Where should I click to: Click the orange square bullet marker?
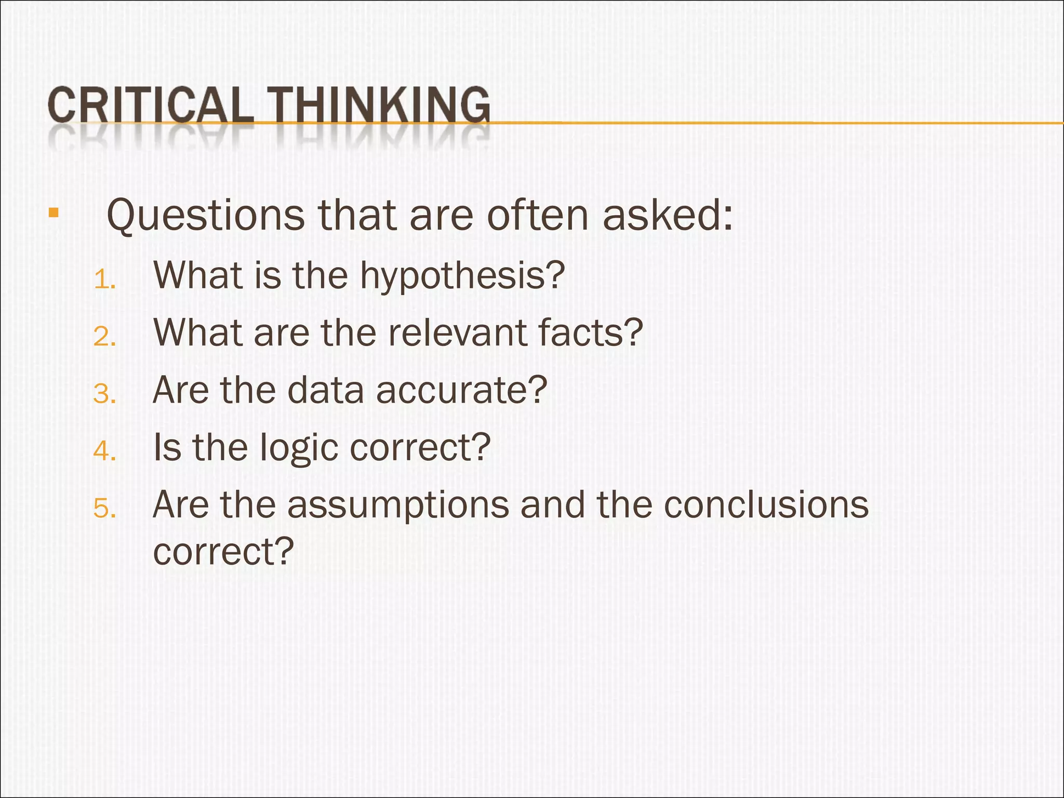click(53, 212)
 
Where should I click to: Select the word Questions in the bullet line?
click(206, 216)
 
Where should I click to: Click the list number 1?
click(104, 281)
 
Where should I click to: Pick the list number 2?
click(104, 337)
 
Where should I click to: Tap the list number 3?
click(104, 394)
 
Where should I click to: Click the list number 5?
click(104, 509)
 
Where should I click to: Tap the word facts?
click(590, 332)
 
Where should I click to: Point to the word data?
click(325, 390)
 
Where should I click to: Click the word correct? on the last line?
click(223, 551)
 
